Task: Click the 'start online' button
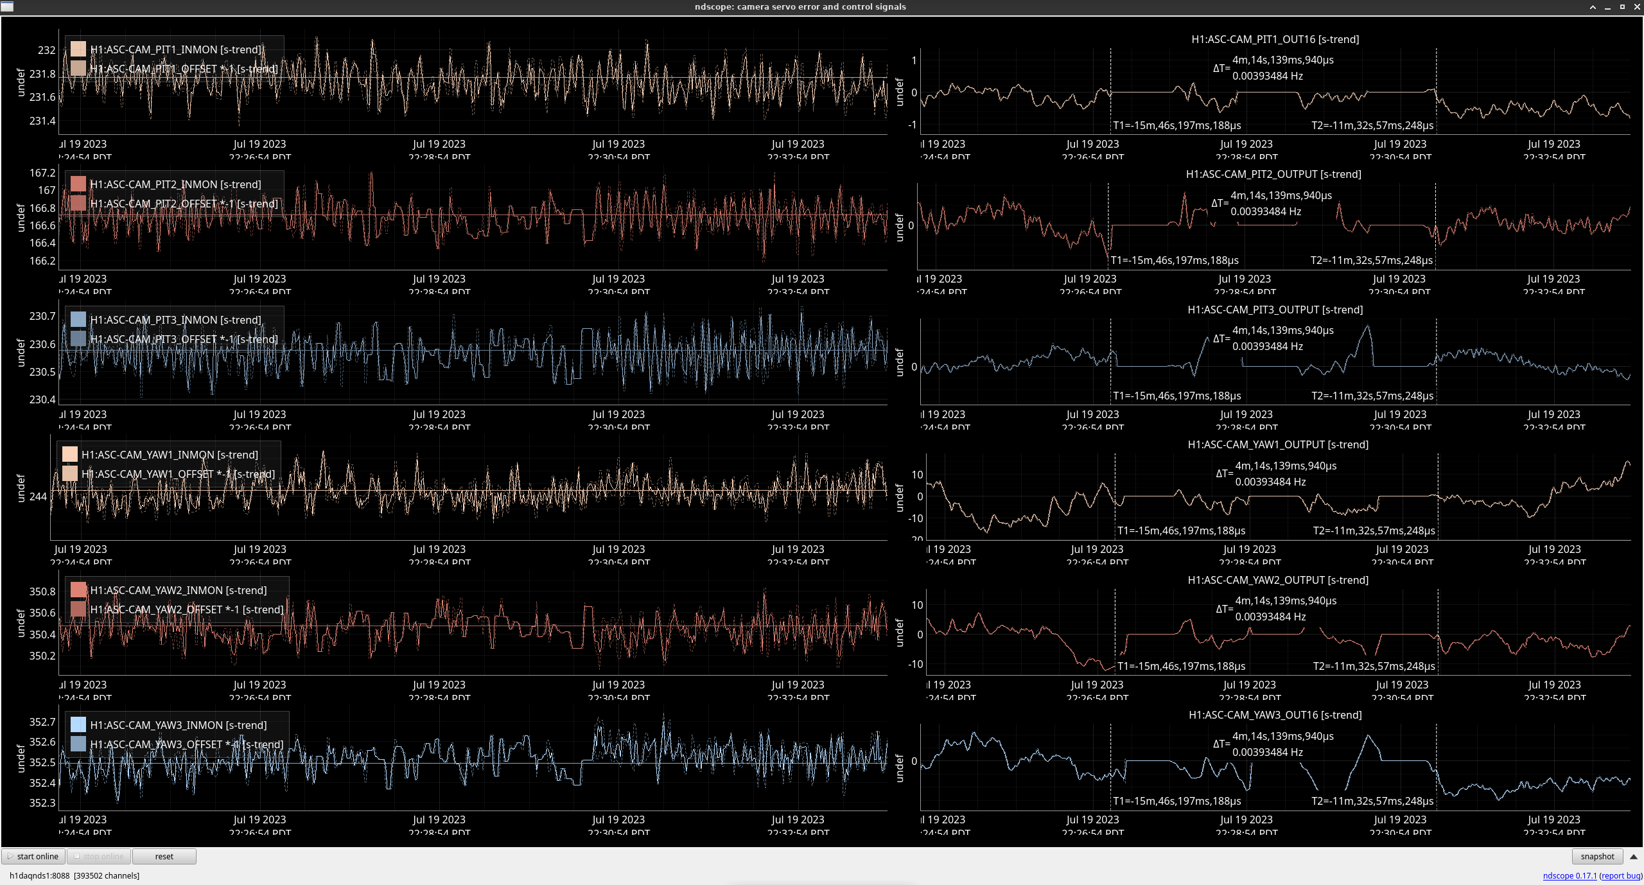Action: pyautogui.click(x=33, y=856)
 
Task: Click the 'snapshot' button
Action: pyautogui.click(x=1597, y=856)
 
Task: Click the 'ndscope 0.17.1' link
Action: pyautogui.click(x=1570, y=875)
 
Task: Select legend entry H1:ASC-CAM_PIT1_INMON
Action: pyautogui.click(x=175, y=49)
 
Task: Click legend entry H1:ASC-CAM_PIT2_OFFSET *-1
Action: pyautogui.click(x=184, y=204)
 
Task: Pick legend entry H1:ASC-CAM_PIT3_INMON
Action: pyautogui.click(x=175, y=320)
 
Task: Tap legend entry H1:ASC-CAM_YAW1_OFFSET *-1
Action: pyautogui.click(x=177, y=474)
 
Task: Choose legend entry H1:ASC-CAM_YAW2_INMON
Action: pyautogui.click(x=178, y=590)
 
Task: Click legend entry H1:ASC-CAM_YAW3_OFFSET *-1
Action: pyautogui.click(x=186, y=744)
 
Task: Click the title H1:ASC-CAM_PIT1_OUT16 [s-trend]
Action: pyautogui.click(x=1275, y=39)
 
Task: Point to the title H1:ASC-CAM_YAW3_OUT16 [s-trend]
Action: pyautogui.click(x=1275, y=715)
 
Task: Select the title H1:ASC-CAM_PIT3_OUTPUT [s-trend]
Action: pyautogui.click(x=1275, y=310)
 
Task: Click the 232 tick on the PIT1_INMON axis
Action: pyautogui.click(x=46, y=50)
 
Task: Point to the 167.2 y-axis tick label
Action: pyautogui.click(x=42, y=173)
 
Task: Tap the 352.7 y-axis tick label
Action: pyautogui.click(x=42, y=722)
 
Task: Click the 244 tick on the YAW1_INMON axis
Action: pyautogui.click(x=38, y=496)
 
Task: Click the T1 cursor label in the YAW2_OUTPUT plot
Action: pyautogui.click(x=1181, y=666)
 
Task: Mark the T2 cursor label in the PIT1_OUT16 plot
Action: pyautogui.click(x=1372, y=125)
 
